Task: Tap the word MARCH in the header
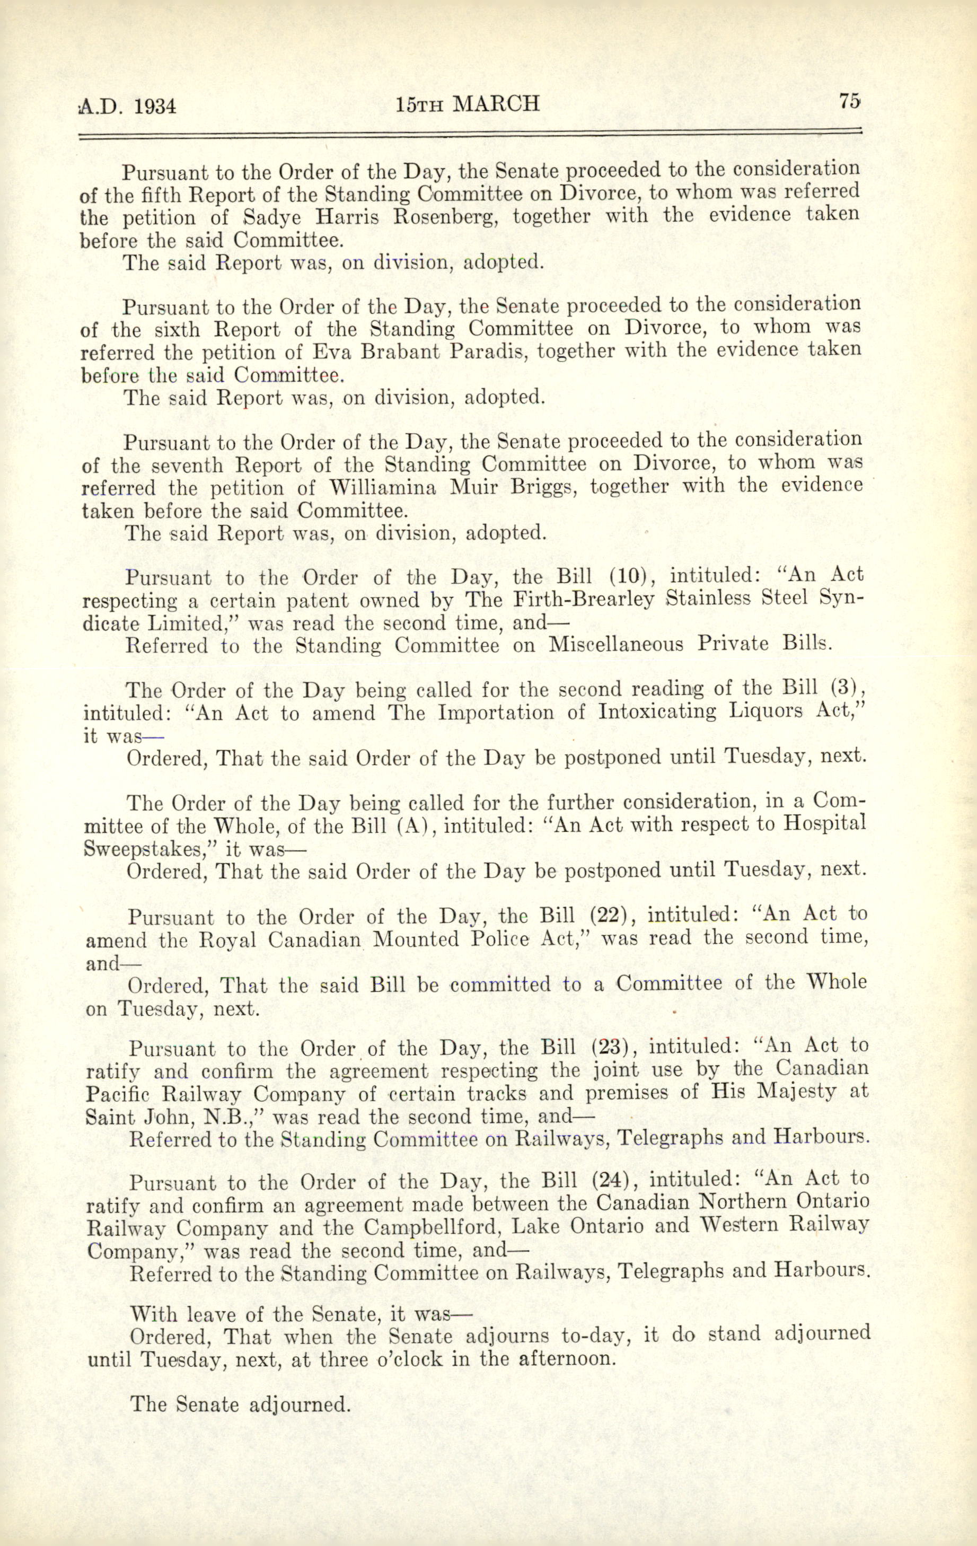496,103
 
